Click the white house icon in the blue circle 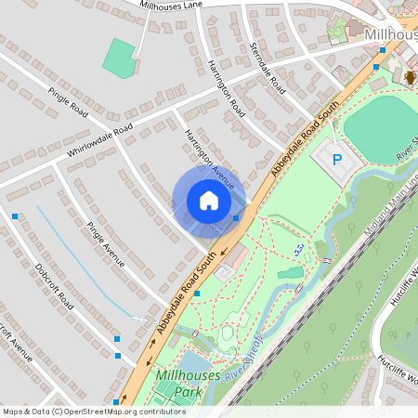(x=209, y=201)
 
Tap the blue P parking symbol (x=337, y=160)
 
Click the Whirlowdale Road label (x=99, y=138)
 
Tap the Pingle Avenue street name (x=105, y=244)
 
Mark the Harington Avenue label (x=210, y=153)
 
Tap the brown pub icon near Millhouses (x=411, y=77)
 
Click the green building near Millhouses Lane (x=119, y=58)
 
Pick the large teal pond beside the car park (x=381, y=127)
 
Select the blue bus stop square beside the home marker (x=236, y=218)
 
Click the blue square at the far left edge (x=15, y=216)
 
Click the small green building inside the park (x=290, y=273)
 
